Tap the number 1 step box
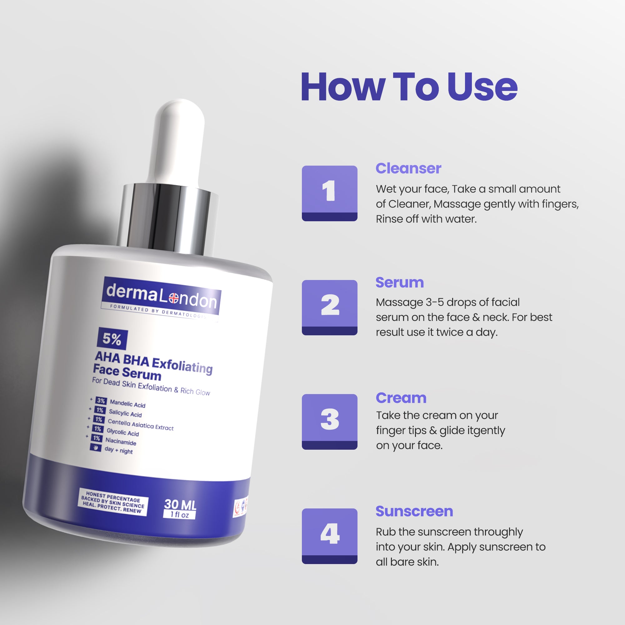tap(329, 193)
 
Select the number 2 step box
tap(329, 307)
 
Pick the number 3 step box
tap(329, 422)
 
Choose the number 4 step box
tap(329, 536)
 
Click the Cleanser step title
tap(408, 168)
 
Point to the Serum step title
tap(399, 282)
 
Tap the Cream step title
tap(401, 398)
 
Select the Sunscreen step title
tap(414, 512)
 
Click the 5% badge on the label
tap(112, 339)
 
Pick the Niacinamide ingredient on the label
tap(120, 441)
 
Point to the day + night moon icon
tap(95, 447)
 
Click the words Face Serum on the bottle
tap(127, 372)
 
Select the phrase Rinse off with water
tap(426, 219)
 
